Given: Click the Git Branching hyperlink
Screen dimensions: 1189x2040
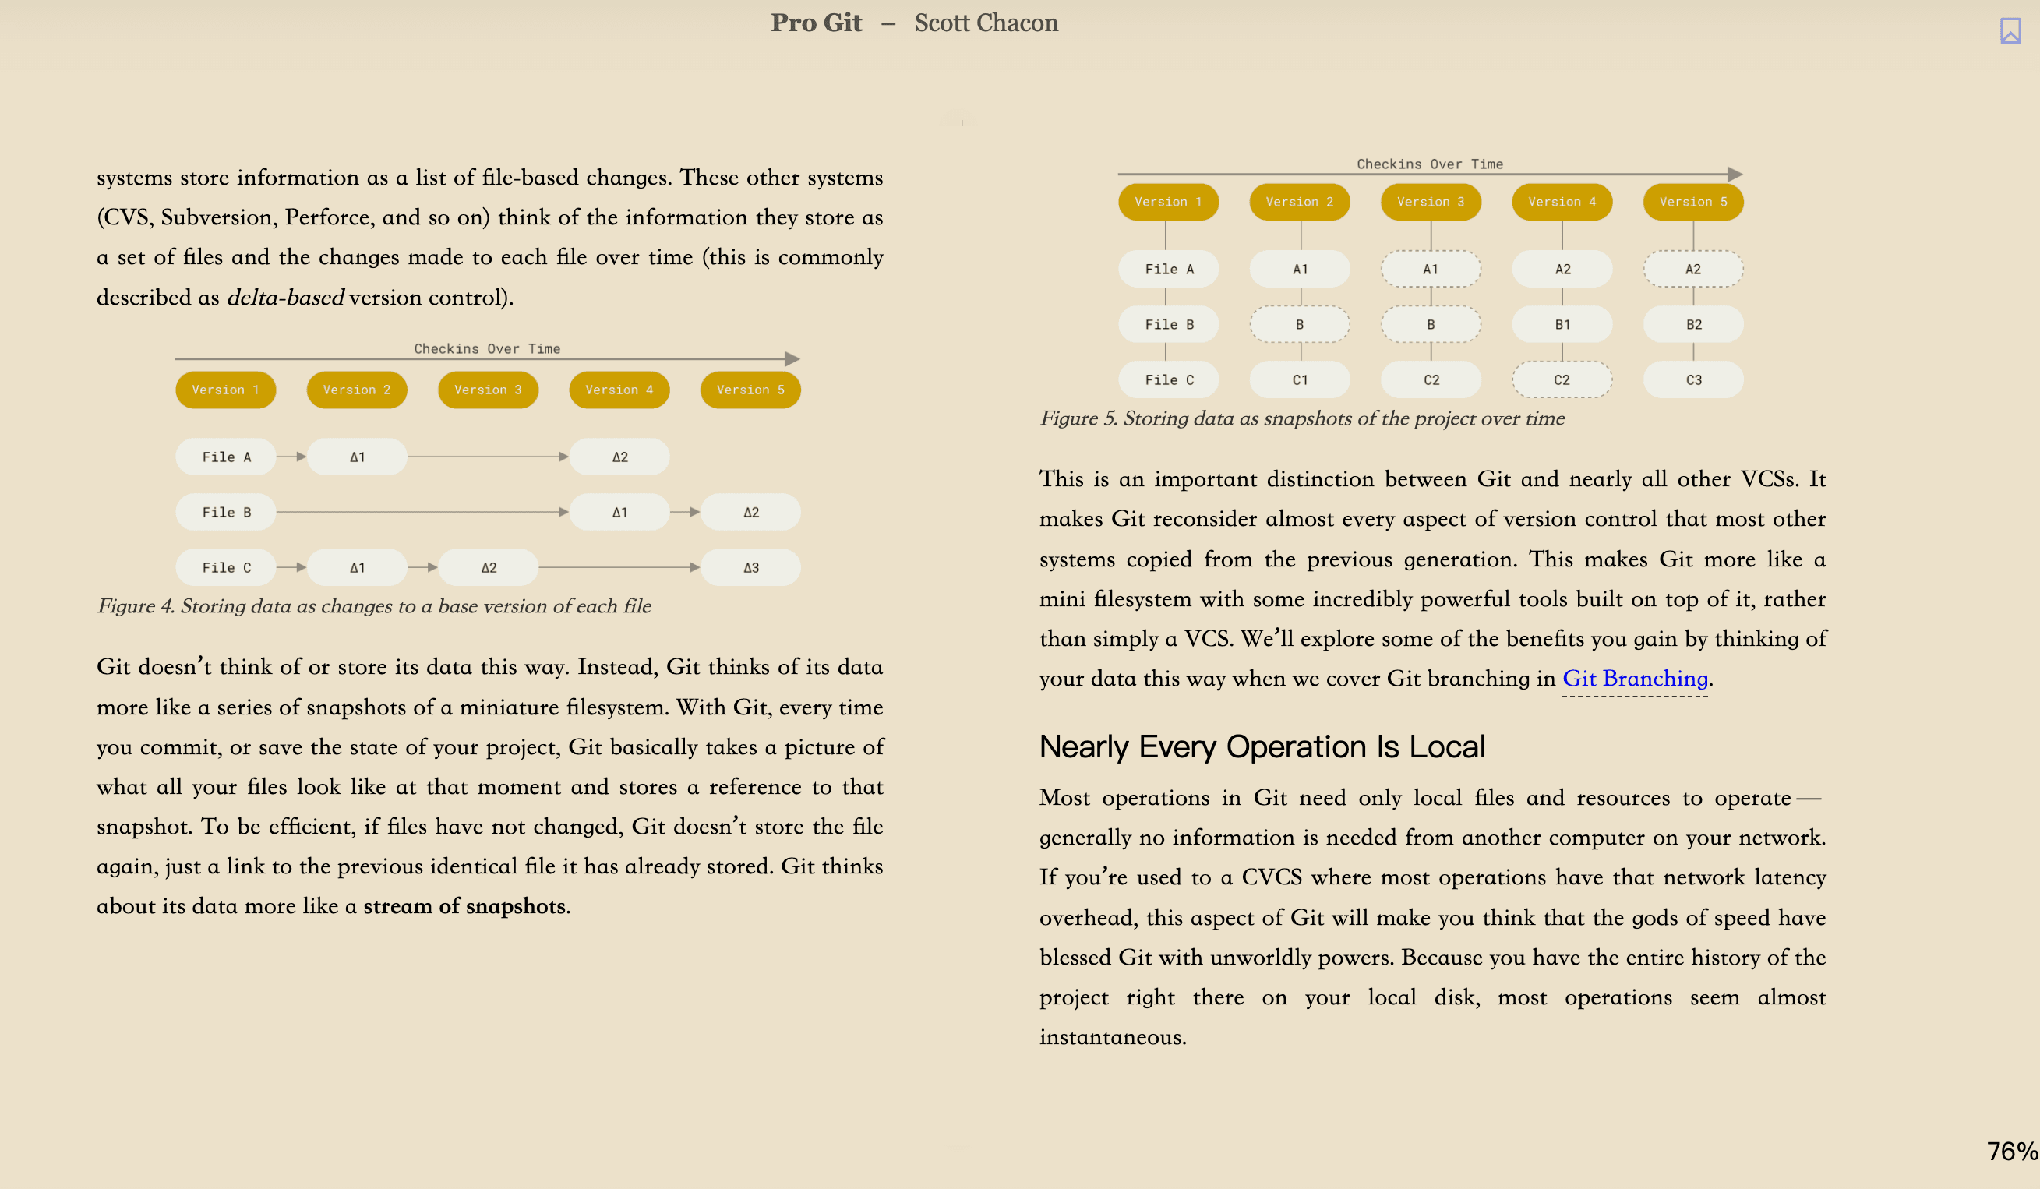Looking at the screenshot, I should click(x=1635, y=679).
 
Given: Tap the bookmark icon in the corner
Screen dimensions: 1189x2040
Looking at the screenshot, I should click(x=2010, y=30).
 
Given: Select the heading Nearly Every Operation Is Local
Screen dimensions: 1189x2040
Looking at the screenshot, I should click(x=1262, y=746).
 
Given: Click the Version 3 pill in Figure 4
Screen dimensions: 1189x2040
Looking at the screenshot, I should click(x=488, y=390).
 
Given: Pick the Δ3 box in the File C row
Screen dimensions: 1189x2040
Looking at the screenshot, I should click(x=750, y=567).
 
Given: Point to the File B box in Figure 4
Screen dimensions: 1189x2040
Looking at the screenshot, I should click(x=226, y=513).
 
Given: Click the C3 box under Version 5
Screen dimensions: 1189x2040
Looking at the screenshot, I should click(x=1693, y=379).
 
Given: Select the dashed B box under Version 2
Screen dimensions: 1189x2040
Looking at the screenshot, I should click(x=1299, y=325).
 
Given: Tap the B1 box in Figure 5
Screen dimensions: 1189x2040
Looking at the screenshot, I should click(x=1562, y=325).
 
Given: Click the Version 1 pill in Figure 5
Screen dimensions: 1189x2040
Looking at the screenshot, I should click(x=1168, y=202).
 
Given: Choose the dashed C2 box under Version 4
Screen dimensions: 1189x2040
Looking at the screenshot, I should click(x=1562, y=379).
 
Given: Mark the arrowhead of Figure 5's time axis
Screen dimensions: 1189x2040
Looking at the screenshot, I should click(x=1735, y=174).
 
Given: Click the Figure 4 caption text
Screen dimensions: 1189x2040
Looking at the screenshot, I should click(x=374, y=606).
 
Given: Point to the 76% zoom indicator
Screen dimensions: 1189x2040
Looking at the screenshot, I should click(x=2012, y=1151).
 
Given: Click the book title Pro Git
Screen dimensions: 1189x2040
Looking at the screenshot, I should click(x=816, y=23).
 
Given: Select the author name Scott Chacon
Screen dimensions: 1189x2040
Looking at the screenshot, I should click(x=986, y=23).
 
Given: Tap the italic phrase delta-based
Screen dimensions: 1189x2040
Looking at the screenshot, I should click(x=285, y=297).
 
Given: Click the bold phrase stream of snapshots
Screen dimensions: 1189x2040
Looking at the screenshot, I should click(x=464, y=905).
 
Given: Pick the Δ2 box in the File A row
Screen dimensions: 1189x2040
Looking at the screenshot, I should click(x=619, y=457).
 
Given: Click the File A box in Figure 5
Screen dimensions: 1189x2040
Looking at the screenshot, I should click(x=1168, y=270).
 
